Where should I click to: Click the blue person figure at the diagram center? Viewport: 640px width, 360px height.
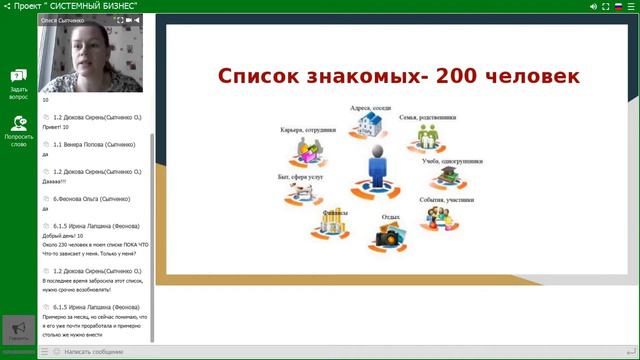click(x=376, y=167)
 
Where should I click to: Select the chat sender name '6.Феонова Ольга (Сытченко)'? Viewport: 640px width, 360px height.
click(x=93, y=199)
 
